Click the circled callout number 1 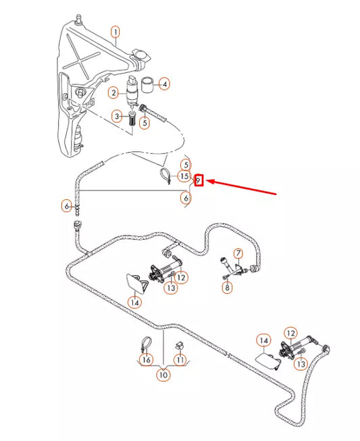tap(115, 32)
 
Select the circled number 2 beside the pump tap(113, 93)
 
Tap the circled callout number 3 tap(117, 116)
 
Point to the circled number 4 tap(165, 84)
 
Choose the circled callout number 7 tap(238, 253)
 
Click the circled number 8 tap(227, 288)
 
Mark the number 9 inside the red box tap(199, 180)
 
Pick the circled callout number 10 tap(163, 375)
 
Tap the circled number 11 tap(180, 360)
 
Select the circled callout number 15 tap(184, 176)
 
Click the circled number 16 tap(147, 360)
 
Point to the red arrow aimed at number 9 tap(241, 187)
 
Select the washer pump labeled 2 tap(132, 90)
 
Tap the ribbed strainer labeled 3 tap(132, 119)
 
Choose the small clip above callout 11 tap(179, 346)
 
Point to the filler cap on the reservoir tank tap(141, 55)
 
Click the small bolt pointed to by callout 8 tap(225, 278)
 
